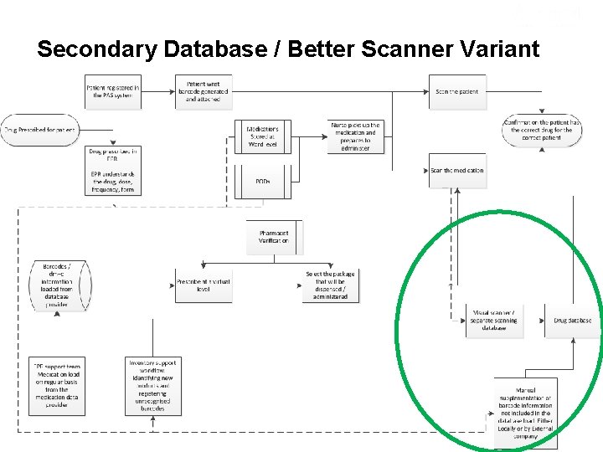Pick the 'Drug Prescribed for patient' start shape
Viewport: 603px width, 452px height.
click(x=39, y=130)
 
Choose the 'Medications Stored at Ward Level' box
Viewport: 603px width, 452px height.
click(x=263, y=137)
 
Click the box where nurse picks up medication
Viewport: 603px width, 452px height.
click(x=356, y=136)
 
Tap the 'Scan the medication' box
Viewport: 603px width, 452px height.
click(x=456, y=170)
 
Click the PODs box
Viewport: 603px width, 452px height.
click(x=263, y=182)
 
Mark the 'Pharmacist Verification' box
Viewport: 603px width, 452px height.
click(x=274, y=237)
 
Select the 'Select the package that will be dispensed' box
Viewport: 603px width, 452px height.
click(x=330, y=285)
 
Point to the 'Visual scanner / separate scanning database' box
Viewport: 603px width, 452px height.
click(x=494, y=320)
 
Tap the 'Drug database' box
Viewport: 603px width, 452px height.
click(x=573, y=320)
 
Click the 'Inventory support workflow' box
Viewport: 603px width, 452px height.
click(x=152, y=386)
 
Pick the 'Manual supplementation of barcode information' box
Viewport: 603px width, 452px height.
click(x=525, y=413)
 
